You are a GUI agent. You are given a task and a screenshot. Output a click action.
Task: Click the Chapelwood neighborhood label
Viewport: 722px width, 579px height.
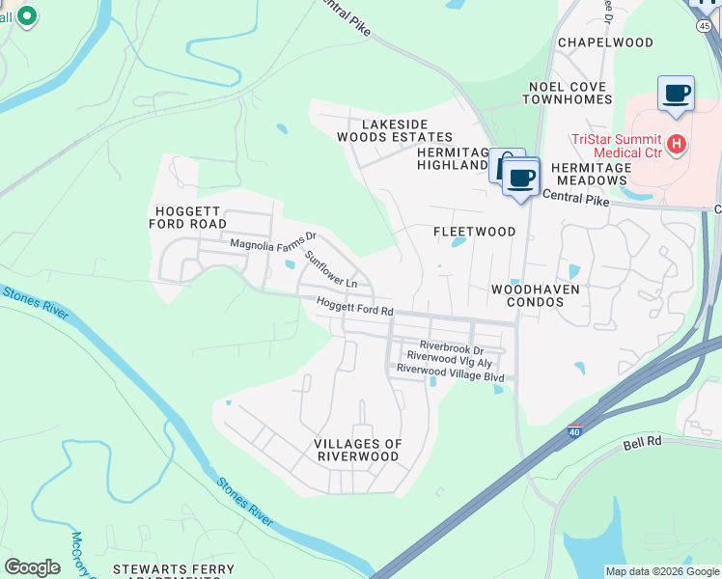click(x=605, y=42)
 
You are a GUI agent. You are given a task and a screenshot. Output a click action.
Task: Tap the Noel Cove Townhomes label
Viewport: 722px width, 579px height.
click(x=569, y=93)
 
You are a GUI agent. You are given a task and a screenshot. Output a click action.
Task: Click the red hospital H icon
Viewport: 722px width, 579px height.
click(x=677, y=145)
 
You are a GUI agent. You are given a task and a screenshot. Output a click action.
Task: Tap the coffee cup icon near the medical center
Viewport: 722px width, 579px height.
click(x=676, y=95)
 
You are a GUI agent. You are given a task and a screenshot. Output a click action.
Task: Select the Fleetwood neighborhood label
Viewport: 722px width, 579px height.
click(x=474, y=232)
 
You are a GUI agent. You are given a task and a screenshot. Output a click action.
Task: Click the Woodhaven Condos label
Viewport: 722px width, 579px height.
click(x=527, y=295)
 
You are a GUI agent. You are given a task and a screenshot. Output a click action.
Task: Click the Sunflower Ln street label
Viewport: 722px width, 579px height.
click(x=331, y=269)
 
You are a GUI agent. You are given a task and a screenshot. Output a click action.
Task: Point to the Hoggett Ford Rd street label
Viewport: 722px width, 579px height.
click(x=355, y=306)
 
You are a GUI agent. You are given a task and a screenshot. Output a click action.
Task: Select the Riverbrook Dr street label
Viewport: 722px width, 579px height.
click(x=451, y=345)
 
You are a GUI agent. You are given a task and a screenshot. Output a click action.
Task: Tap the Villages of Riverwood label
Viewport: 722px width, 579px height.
click(x=357, y=450)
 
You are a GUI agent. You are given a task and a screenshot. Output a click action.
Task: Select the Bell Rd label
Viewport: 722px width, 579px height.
click(x=640, y=442)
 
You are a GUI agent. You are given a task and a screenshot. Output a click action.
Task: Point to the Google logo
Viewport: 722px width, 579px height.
click(x=32, y=567)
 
